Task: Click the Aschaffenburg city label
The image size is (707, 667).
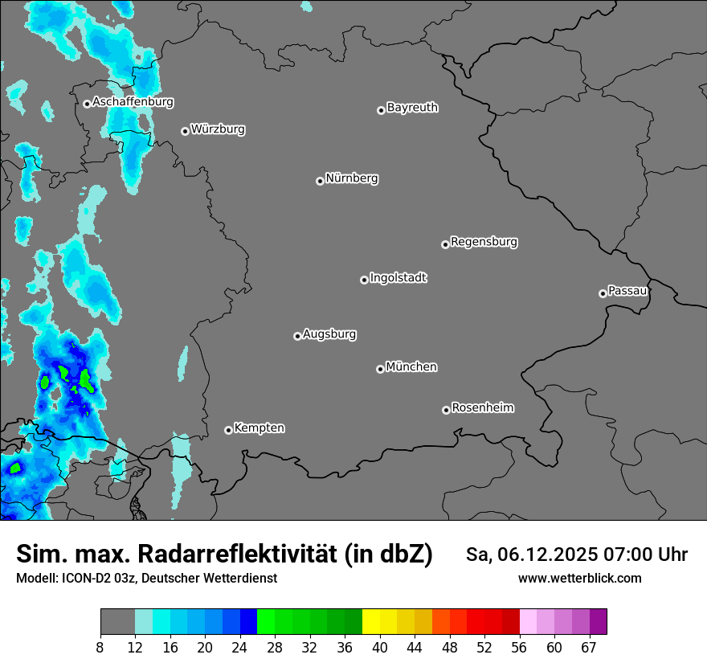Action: (x=133, y=102)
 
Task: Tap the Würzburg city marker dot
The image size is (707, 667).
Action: (x=185, y=131)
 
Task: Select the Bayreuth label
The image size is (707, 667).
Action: (x=412, y=107)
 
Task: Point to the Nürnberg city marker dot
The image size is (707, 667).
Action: (x=320, y=181)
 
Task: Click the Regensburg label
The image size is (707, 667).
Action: (x=484, y=241)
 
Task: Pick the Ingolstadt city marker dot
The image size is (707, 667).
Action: (x=364, y=280)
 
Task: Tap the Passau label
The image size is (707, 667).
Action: (x=627, y=290)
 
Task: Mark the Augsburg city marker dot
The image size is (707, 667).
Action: (x=297, y=336)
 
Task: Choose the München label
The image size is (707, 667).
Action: (x=411, y=366)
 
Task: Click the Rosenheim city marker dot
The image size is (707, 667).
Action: (x=446, y=410)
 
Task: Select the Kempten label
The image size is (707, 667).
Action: (x=259, y=428)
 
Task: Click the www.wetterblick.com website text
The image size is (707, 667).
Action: (x=579, y=578)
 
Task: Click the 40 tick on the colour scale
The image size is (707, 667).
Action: (x=380, y=647)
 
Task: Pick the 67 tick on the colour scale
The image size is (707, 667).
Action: (x=589, y=647)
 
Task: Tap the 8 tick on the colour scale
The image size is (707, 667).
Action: (x=100, y=647)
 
